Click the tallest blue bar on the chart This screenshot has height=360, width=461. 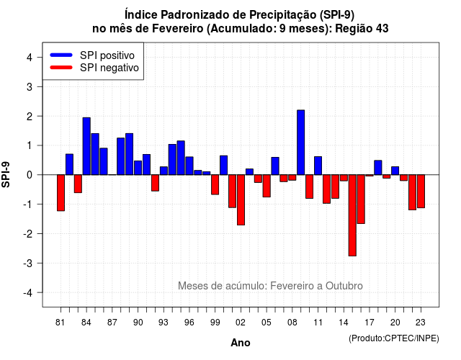[301, 143]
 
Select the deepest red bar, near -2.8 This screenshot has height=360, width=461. [352, 215]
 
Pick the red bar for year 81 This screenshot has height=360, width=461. [61, 193]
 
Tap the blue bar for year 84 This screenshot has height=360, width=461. [86, 146]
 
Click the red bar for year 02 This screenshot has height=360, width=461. [241, 200]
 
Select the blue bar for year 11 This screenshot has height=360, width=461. [318, 166]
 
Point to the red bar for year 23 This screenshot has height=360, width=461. [421, 191]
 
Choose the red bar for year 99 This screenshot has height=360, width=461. [215, 184]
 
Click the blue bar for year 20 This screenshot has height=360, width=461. [395, 171]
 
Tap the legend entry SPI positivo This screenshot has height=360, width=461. [107, 55]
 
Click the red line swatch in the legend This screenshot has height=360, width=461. [61, 68]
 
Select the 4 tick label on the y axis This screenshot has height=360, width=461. [30, 57]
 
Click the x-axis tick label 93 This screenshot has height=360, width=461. [164, 323]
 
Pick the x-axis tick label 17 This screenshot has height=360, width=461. [370, 323]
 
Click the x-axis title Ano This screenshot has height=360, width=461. [241, 343]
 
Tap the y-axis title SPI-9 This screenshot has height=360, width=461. [6, 174]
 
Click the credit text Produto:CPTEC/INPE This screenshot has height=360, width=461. [394, 338]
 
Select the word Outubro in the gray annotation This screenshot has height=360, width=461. [344, 286]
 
